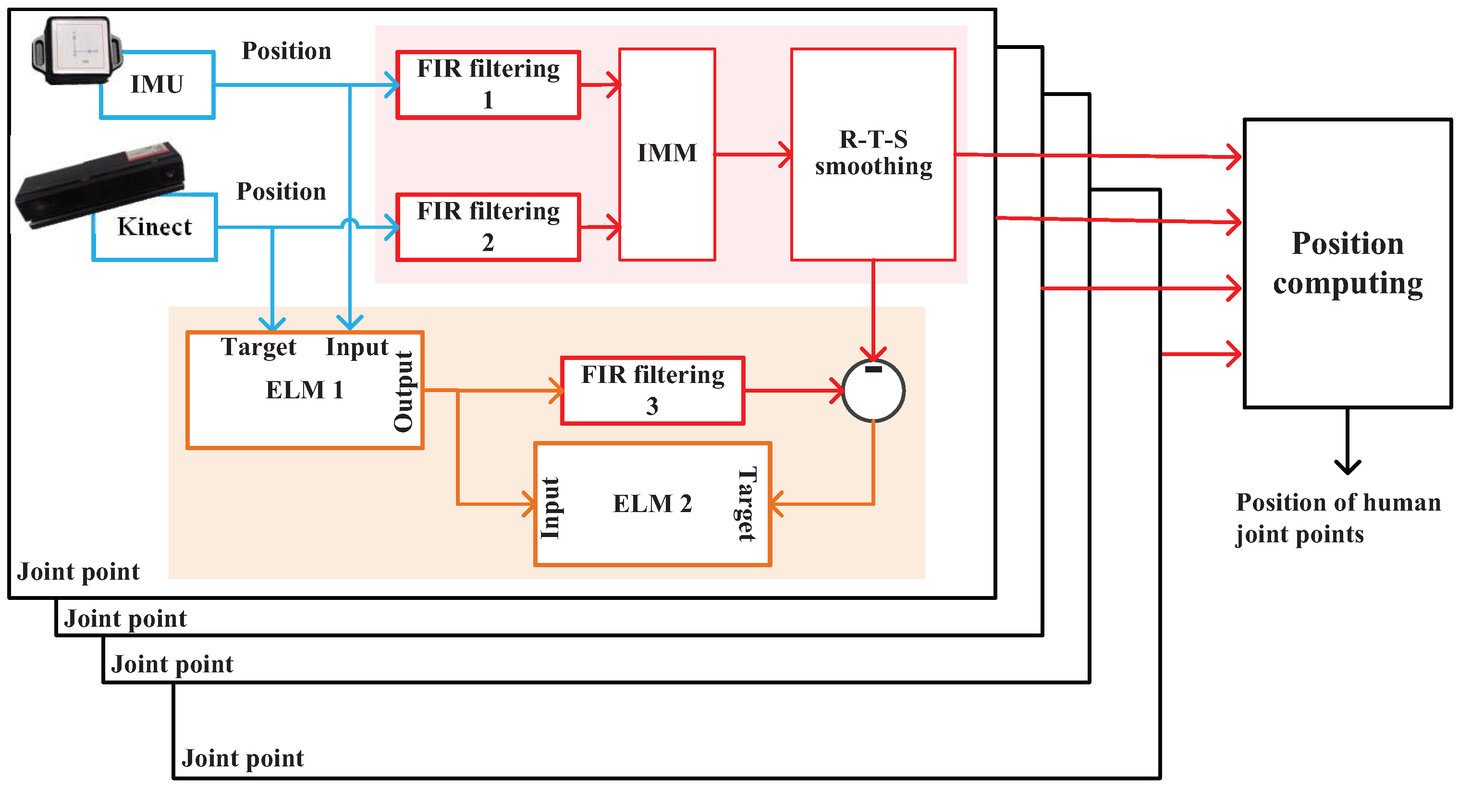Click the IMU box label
point(157,84)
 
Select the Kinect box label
point(155,227)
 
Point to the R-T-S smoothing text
point(873,153)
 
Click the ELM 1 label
point(305,390)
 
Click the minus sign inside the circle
point(874,370)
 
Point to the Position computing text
point(1348,263)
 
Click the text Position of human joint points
point(1338,518)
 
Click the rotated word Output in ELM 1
point(405,391)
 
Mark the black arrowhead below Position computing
point(1348,467)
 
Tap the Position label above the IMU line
point(287,51)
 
